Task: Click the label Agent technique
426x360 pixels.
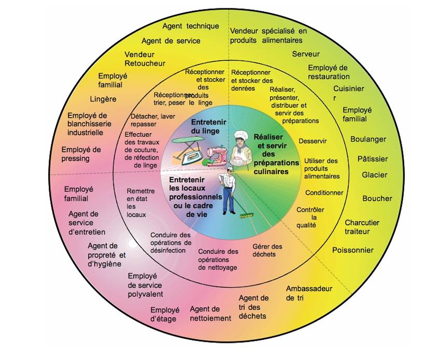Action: tap(190, 26)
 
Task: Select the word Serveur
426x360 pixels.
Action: tap(306, 54)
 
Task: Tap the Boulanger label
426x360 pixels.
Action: tap(368, 139)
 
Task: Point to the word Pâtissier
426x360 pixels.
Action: tap(372, 159)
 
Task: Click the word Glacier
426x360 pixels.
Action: tap(374, 175)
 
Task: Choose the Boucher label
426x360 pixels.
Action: tap(377, 198)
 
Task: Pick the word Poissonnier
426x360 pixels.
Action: tap(352, 250)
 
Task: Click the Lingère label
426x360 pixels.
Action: tap(103, 99)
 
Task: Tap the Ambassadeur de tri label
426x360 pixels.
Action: tap(309, 293)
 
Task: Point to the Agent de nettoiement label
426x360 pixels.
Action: tap(210, 313)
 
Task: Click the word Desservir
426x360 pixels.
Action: tap(313, 141)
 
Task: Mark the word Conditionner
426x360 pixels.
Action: tap(324, 193)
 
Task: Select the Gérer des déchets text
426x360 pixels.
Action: tap(267, 250)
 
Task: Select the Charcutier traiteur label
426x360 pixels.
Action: tap(362, 227)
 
